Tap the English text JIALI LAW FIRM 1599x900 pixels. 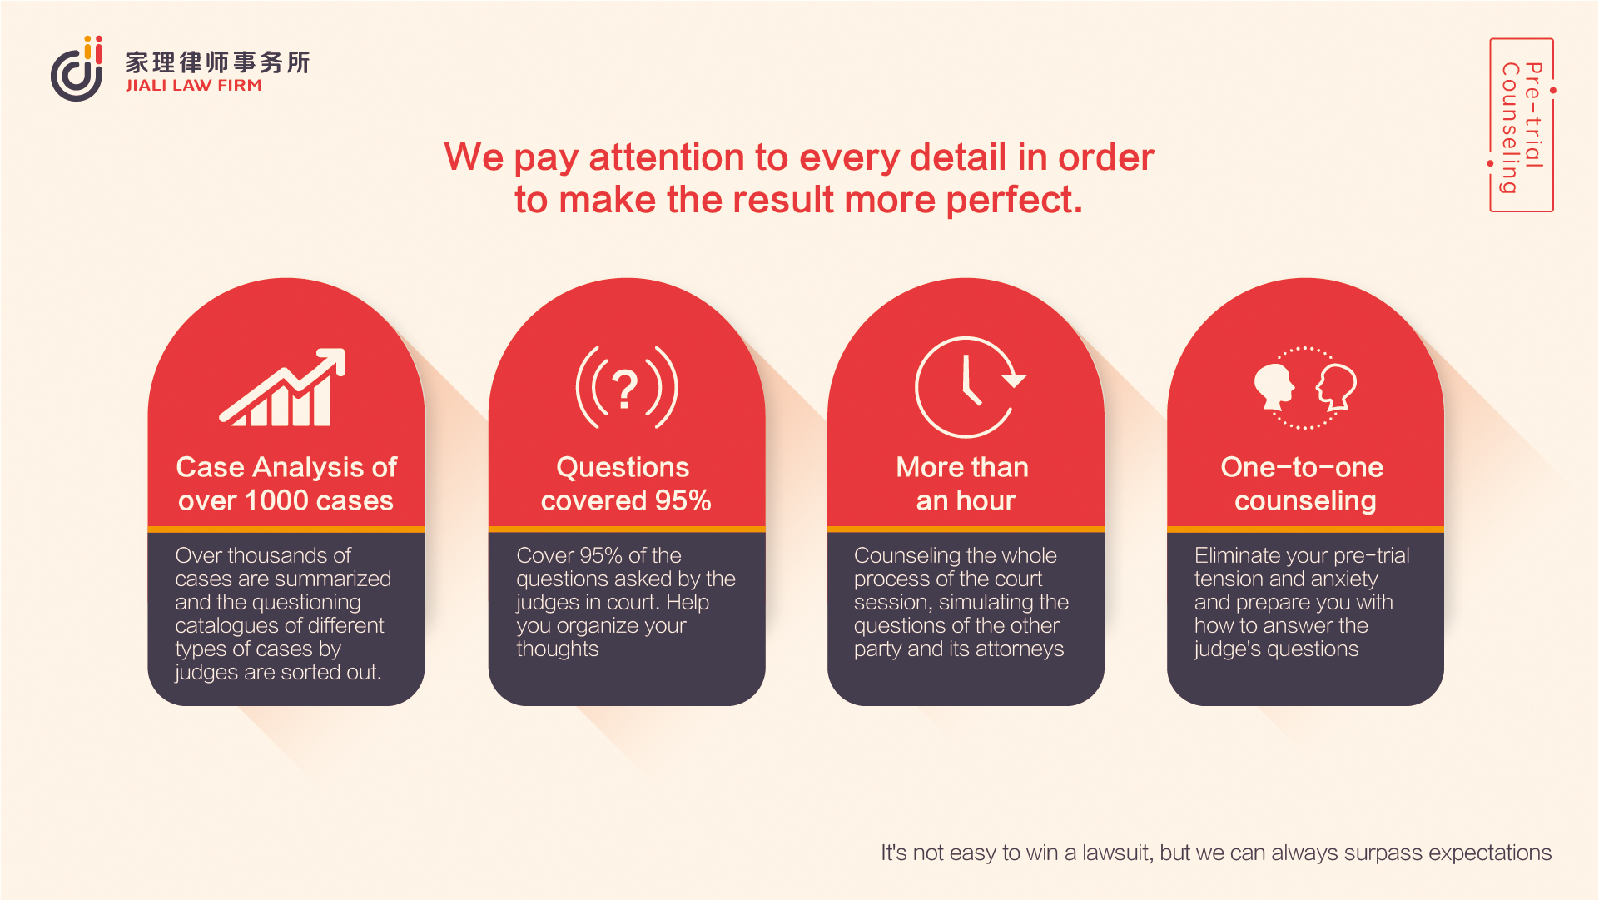click(194, 85)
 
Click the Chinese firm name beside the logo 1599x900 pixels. click(217, 62)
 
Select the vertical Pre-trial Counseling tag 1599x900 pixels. click(1522, 125)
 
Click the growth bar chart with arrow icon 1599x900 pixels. click(283, 387)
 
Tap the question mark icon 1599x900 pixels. click(626, 387)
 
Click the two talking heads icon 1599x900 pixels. click(1305, 387)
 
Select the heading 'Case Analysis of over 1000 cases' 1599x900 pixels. click(286, 484)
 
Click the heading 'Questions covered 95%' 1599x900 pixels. click(626, 484)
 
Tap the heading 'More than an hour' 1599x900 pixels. click(963, 484)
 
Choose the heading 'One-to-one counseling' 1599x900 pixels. click(1303, 484)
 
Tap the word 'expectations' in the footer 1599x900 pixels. click(1490, 853)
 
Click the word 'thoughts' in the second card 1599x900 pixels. click(558, 649)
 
